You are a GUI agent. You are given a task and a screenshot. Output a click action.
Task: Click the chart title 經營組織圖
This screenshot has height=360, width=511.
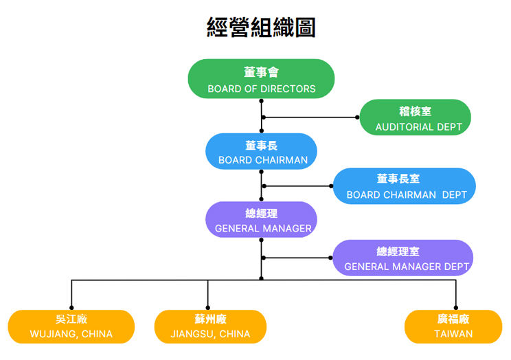point(261,27)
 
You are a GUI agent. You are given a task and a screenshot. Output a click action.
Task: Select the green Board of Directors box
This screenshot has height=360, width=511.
point(262,78)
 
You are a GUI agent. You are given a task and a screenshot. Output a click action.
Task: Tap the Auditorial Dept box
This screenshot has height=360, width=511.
point(415,117)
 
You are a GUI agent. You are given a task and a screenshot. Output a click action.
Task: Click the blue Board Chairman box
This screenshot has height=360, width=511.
point(262,151)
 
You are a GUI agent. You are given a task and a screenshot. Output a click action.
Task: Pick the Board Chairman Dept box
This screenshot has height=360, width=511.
point(405,186)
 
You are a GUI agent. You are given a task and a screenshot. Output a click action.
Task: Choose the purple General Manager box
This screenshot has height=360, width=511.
point(262,219)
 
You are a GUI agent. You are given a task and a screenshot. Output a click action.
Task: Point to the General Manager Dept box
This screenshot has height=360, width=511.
point(403,258)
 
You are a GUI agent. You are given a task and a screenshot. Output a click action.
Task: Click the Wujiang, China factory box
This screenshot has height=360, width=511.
point(71,327)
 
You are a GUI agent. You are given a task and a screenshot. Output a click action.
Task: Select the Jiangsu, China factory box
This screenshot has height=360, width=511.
point(211,327)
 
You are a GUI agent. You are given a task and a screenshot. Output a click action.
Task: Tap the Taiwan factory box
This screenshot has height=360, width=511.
point(453,327)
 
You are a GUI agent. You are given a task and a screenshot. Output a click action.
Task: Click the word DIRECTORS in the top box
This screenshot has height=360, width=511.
point(288,89)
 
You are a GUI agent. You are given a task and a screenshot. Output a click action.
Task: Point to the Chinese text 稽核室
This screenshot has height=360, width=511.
point(415,111)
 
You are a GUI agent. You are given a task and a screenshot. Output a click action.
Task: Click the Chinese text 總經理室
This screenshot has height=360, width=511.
point(398,251)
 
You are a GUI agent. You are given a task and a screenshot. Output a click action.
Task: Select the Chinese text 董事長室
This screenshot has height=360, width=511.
point(398,179)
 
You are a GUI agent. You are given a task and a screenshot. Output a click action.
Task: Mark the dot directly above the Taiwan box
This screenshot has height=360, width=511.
point(456,308)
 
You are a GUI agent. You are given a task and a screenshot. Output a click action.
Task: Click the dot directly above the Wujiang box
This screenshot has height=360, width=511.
point(71,308)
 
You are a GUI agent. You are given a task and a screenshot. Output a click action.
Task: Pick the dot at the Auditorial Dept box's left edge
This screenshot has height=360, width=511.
point(357,117)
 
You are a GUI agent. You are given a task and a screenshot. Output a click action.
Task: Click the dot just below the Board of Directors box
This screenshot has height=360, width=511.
point(262,101)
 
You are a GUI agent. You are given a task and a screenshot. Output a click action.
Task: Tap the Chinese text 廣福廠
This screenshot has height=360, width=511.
point(453,319)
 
